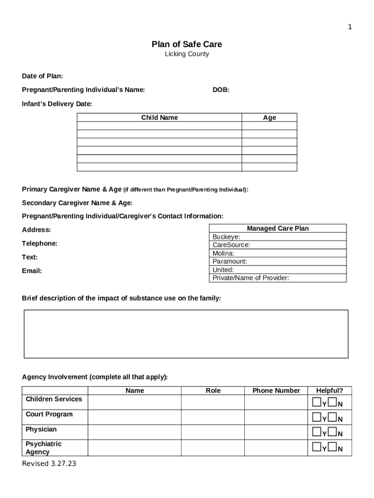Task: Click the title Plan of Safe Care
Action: pyautogui.click(x=187, y=44)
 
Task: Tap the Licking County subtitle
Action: pyautogui.click(x=187, y=54)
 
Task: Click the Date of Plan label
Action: pyautogui.click(x=42, y=76)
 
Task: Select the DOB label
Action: pyautogui.click(x=221, y=90)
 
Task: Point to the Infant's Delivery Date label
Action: pyautogui.click(x=57, y=104)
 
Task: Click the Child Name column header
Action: pyautogui.click(x=159, y=118)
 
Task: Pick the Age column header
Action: pyautogui.click(x=269, y=118)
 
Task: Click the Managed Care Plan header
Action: pyautogui.click(x=277, y=229)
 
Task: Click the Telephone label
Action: pyautogui.click(x=39, y=243)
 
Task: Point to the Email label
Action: pyautogui.click(x=32, y=271)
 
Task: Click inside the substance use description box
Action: pyautogui.click(x=186, y=334)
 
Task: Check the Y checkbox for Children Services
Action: pyautogui.click(x=316, y=402)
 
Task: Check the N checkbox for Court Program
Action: pyautogui.click(x=332, y=417)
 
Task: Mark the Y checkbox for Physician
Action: pyautogui.click(x=316, y=432)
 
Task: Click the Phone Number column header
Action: pyautogui.click(x=276, y=391)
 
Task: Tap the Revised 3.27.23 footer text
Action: pyautogui.click(x=49, y=463)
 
